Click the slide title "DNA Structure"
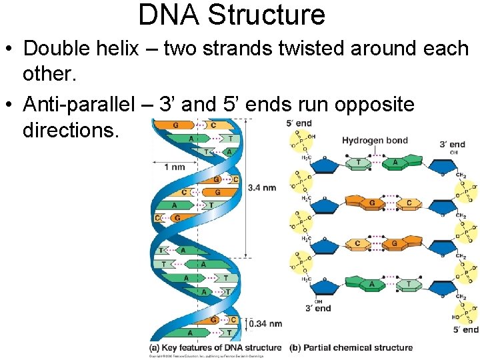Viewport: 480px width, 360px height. tap(231, 15)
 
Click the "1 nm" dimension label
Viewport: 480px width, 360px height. tap(175, 167)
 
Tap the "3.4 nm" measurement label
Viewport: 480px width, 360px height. tap(262, 188)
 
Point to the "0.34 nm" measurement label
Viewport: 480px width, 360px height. tap(265, 324)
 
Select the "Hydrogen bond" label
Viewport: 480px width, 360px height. tap(375, 140)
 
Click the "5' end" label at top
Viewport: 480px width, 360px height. tap(299, 123)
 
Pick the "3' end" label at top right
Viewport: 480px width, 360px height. tap(453, 144)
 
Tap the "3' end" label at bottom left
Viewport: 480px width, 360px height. tap(318, 308)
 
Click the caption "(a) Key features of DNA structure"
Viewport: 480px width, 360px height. tap(217, 347)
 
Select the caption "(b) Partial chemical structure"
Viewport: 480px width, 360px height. tap(351, 347)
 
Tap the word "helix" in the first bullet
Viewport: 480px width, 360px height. tap(126, 49)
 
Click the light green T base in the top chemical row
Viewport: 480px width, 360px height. tap(359, 162)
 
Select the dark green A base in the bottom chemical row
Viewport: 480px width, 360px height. tap(371, 284)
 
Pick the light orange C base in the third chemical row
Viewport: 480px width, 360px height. tap(357, 243)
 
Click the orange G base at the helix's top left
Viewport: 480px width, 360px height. tap(175, 125)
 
